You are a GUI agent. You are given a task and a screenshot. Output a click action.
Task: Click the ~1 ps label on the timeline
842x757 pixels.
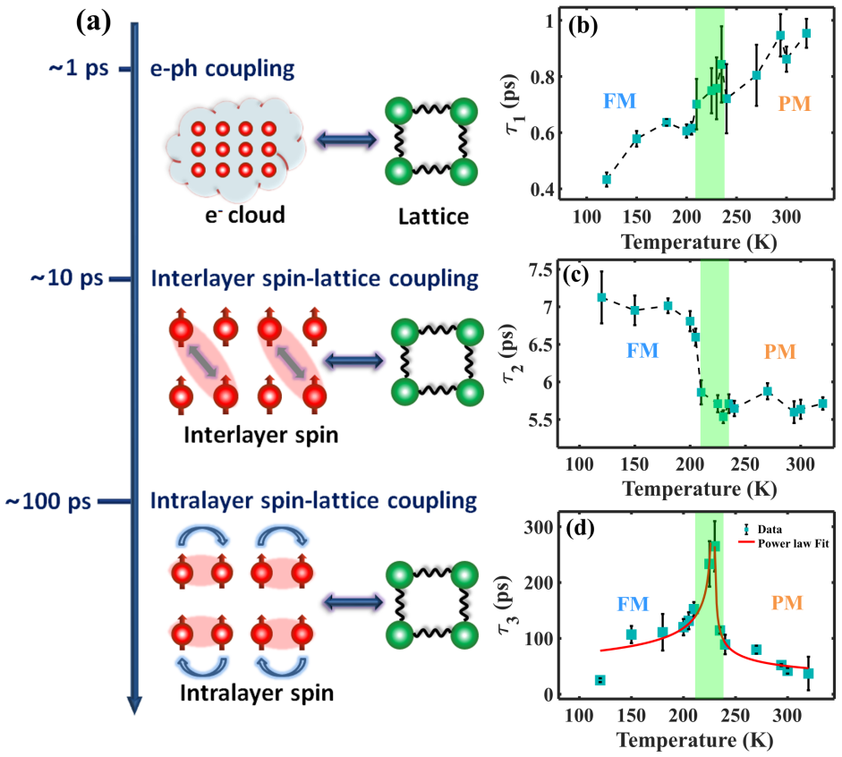click(79, 69)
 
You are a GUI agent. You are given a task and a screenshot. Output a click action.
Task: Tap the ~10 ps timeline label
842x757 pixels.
click(66, 278)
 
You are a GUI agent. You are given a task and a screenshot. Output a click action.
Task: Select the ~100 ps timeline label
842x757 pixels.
click(48, 501)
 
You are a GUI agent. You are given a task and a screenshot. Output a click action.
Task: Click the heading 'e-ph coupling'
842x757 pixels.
click(222, 69)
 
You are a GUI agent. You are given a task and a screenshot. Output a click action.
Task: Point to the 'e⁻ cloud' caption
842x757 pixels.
click(245, 215)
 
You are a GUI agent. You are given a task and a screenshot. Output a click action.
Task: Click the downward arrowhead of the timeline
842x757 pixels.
click(134, 704)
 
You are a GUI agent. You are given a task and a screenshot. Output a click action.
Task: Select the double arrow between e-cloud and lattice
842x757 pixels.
click(346, 140)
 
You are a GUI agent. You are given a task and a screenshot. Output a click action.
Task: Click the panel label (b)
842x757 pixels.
click(583, 26)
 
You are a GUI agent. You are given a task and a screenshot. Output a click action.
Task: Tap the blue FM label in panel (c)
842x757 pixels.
click(642, 351)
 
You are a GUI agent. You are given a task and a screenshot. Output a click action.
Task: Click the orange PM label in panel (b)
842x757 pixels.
click(795, 104)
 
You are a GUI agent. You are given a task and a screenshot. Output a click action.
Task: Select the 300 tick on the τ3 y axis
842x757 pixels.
click(539, 527)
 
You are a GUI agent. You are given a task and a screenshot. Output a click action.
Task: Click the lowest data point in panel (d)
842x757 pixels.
click(600, 680)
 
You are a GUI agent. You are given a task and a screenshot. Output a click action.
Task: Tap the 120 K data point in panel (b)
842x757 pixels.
click(607, 180)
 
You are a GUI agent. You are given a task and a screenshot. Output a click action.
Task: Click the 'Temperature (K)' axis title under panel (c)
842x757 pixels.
click(699, 489)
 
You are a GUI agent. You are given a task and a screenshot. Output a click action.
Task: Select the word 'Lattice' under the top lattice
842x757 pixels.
click(433, 217)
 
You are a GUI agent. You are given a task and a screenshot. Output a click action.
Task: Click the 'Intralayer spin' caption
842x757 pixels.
click(257, 693)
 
